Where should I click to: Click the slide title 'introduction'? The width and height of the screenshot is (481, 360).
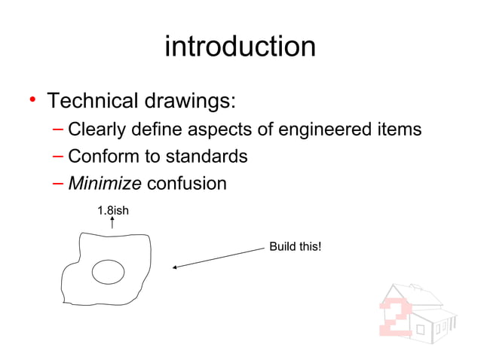pyautogui.click(x=240, y=47)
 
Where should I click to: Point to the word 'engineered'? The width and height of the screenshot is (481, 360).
pyautogui.click(x=328, y=130)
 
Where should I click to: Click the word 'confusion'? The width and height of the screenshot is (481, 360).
pyautogui.click(x=186, y=183)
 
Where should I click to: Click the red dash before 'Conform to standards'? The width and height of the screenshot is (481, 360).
pyautogui.click(x=58, y=157)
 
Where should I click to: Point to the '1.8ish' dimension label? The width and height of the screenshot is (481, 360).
pyautogui.click(x=113, y=210)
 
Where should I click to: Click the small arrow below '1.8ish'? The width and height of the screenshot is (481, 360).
pyautogui.click(x=112, y=223)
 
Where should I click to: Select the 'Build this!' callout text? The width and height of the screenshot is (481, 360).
pyautogui.click(x=296, y=246)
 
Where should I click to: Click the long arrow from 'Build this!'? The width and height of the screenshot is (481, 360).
pyautogui.click(x=219, y=256)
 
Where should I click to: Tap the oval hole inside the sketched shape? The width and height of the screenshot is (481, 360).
pyautogui.click(x=108, y=272)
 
